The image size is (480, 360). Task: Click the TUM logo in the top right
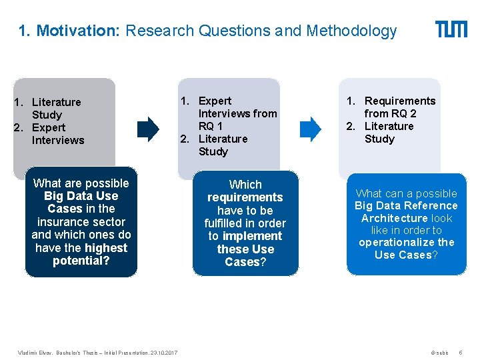point(451,29)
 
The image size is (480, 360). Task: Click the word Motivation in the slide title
point(78,31)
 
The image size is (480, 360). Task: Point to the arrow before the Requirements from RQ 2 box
point(310,127)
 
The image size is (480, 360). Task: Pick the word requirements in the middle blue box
point(245,197)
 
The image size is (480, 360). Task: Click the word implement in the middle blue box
point(253,236)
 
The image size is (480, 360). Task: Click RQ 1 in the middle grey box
point(211,126)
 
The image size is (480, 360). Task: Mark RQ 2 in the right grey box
point(403,113)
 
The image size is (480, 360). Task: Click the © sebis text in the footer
point(439,351)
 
